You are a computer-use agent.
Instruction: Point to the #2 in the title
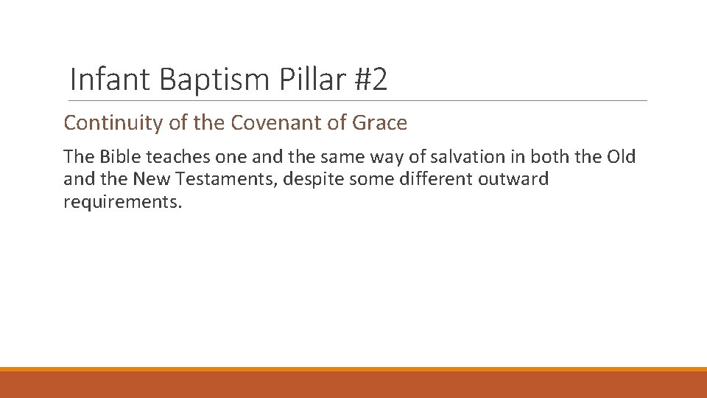(x=370, y=80)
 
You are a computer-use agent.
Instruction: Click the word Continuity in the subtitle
(x=113, y=123)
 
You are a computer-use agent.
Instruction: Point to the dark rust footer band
(x=353, y=385)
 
